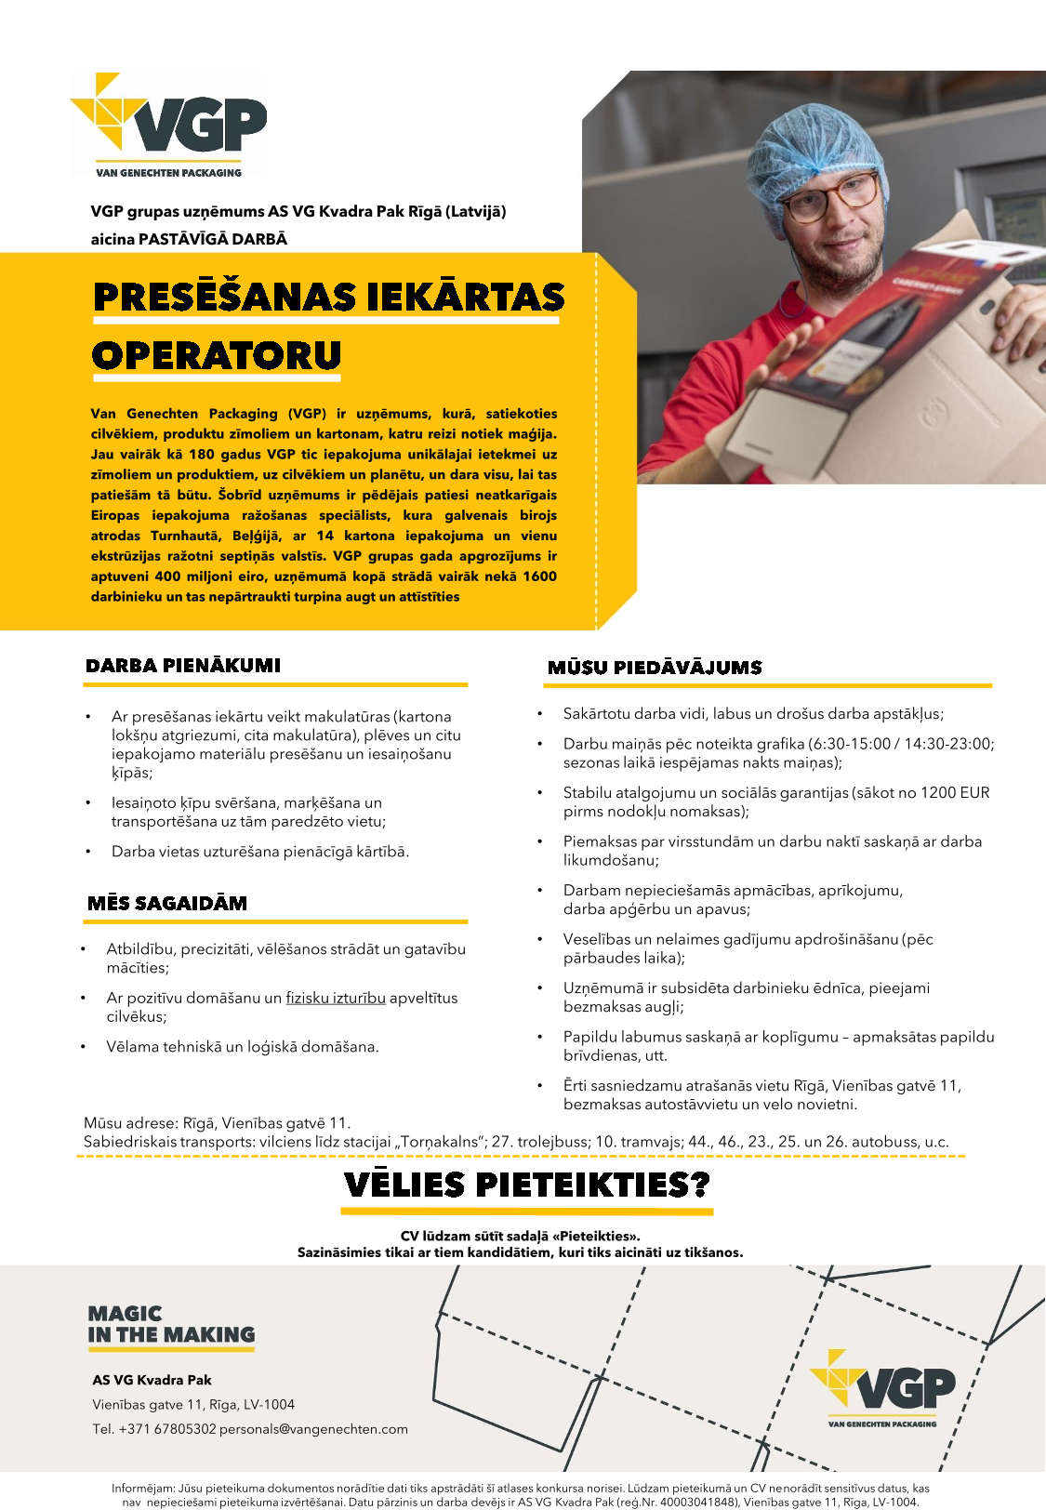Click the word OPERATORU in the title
pyautogui.click(x=217, y=355)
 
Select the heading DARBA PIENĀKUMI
pyautogui.click(x=183, y=666)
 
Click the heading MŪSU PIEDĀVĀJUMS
pyautogui.click(x=655, y=668)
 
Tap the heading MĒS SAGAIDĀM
pyautogui.click(x=167, y=904)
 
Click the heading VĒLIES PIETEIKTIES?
pyautogui.click(x=526, y=1185)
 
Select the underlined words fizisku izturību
pyautogui.click(x=336, y=998)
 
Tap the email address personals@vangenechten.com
pyautogui.click(x=313, y=1429)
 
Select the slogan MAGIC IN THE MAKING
pyautogui.click(x=171, y=1325)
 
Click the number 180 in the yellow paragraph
pyautogui.click(x=202, y=455)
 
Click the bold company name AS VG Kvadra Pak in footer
pyautogui.click(x=152, y=1380)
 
